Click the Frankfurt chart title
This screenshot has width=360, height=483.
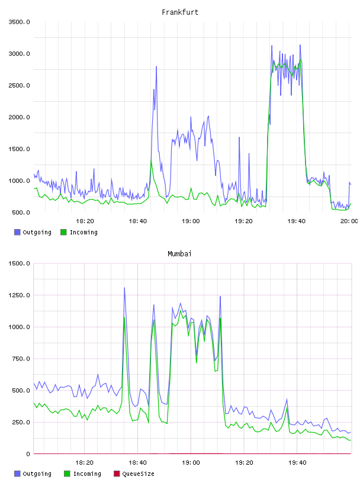pyautogui.click(x=180, y=12)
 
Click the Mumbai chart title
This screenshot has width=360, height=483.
pyautogui.click(x=179, y=253)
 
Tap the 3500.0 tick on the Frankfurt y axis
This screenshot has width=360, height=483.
pyautogui.click(x=19, y=22)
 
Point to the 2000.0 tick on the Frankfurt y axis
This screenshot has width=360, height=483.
pyautogui.click(x=19, y=117)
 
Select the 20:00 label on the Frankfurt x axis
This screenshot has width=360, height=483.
pyautogui.click(x=349, y=221)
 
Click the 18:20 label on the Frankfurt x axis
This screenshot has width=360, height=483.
pyautogui.click(x=85, y=221)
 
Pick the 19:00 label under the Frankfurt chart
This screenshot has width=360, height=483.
pyautogui.click(x=191, y=221)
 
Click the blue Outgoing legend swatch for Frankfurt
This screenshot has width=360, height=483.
pyautogui.click(x=17, y=232)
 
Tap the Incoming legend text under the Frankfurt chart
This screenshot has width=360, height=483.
pyautogui.click(x=83, y=232)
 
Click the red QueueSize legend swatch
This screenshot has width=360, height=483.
pyautogui.click(x=117, y=474)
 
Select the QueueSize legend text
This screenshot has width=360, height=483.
pyautogui.click(x=138, y=474)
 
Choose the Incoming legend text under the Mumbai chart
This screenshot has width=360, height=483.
pyautogui.click(x=87, y=474)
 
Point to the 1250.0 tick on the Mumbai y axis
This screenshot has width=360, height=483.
pyautogui.click(x=19, y=295)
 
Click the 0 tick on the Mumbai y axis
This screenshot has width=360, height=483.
pyautogui.click(x=28, y=454)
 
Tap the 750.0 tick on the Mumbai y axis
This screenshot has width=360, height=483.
pyautogui.click(x=19, y=359)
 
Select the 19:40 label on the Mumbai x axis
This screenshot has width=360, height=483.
pyautogui.click(x=297, y=462)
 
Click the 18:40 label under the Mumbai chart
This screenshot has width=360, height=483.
pyautogui.click(x=137, y=462)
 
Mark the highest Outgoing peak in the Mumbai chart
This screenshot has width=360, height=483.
pyautogui.click(x=124, y=288)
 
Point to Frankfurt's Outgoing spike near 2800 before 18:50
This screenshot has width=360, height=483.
pyautogui.click(x=156, y=66)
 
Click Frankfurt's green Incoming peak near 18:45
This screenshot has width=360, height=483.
pyautogui.click(x=151, y=160)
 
